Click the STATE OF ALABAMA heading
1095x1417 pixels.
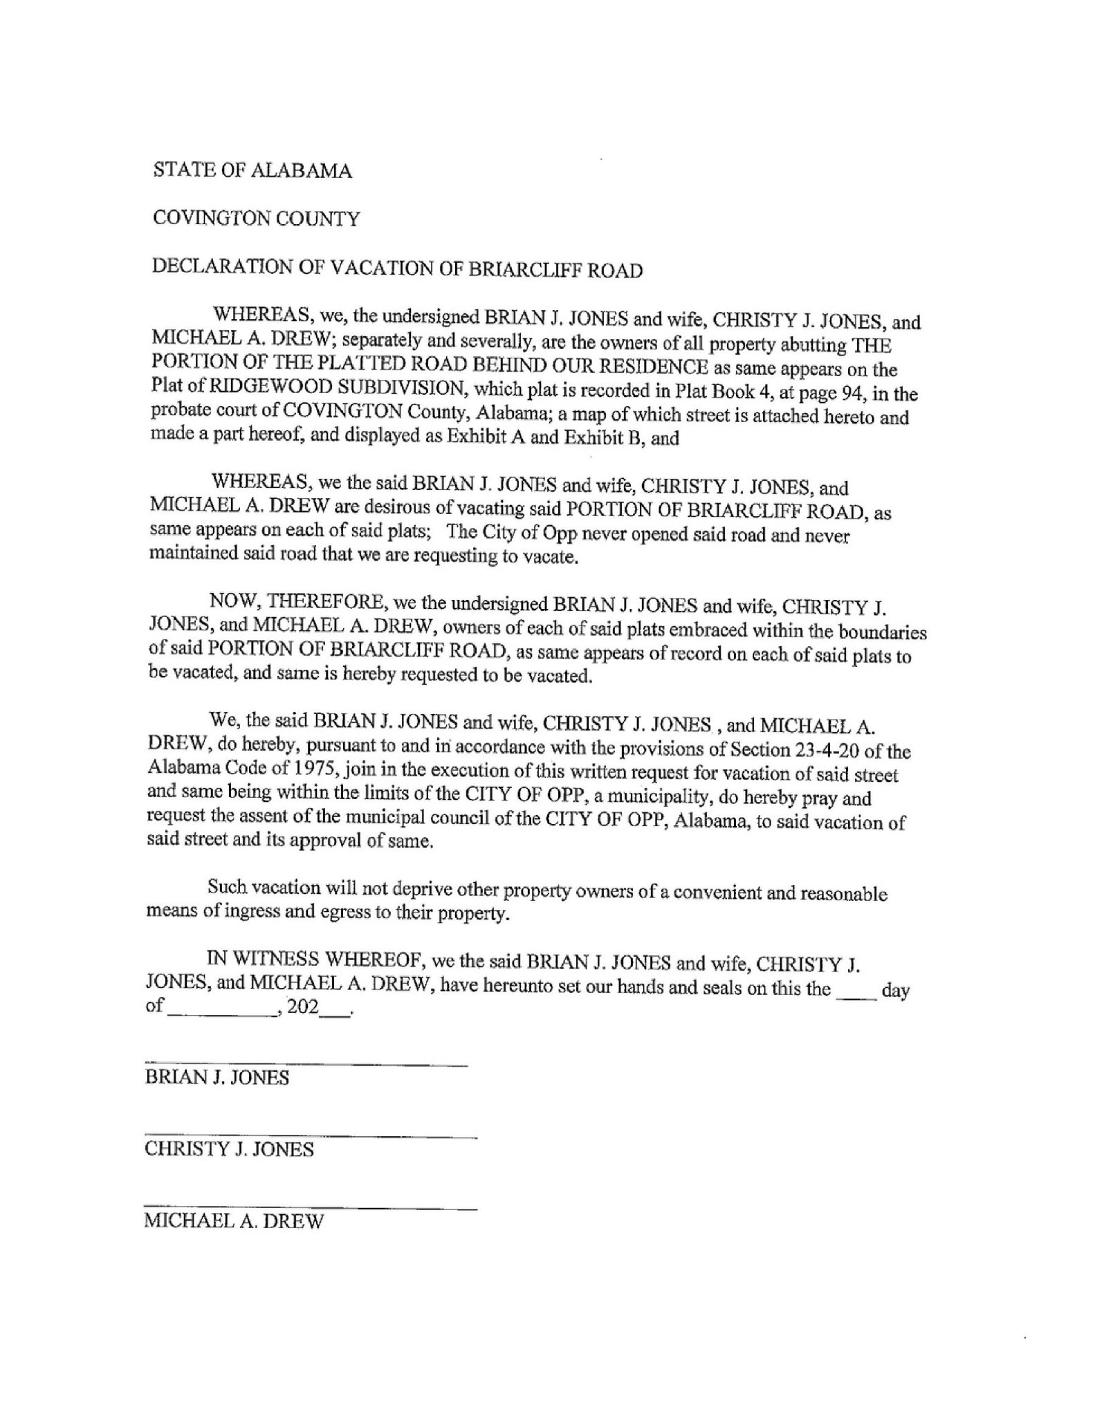252,171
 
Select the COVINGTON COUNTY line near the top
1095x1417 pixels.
256,219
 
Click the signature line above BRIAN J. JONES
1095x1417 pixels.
306,1063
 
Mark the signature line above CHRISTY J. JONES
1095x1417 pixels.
311,1135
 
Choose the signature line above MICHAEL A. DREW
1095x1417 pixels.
311,1207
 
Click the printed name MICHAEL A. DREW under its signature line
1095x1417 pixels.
234,1221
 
